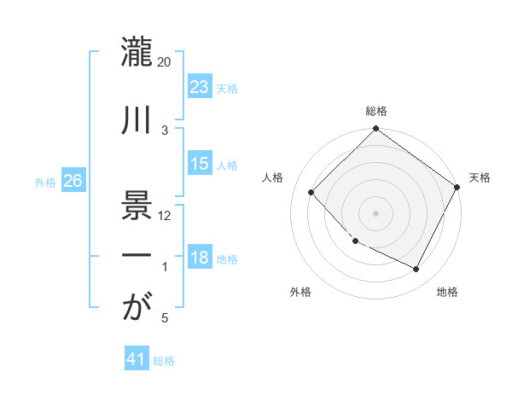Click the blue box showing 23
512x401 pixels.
tap(200, 88)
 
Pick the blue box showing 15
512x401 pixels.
tap(200, 164)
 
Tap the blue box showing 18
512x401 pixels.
tap(200, 259)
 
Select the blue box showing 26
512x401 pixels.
tap(73, 182)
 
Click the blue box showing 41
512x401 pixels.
tap(137, 360)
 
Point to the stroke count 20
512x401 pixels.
tap(165, 62)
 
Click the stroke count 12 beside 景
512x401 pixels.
tap(165, 215)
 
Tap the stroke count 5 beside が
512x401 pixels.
tap(165, 318)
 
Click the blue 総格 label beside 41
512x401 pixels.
tap(164, 361)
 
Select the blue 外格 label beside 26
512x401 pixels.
tap(45, 183)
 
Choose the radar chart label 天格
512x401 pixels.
tap(480, 177)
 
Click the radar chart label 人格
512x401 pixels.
tap(273, 177)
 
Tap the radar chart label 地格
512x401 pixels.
tap(447, 292)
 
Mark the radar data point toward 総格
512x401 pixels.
tap(375, 130)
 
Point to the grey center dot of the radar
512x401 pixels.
tap(375, 213)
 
